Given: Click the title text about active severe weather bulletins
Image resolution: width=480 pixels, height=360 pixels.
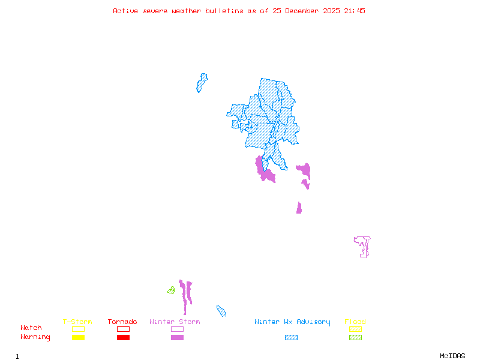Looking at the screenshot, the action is (x=239, y=11).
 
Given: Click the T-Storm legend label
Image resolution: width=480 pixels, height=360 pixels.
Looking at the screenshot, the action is (x=77, y=322).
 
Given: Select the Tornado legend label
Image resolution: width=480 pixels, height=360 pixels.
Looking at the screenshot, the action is (x=122, y=322).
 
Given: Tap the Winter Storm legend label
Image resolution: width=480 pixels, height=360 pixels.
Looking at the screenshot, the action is (x=175, y=322).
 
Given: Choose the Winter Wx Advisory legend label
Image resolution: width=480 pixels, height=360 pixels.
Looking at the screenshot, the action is (x=292, y=322).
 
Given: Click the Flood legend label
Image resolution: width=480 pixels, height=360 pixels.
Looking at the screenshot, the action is (x=355, y=322).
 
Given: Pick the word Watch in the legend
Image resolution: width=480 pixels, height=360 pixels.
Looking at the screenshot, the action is (x=31, y=328).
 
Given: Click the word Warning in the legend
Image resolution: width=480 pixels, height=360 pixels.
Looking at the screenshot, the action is (x=35, y=337).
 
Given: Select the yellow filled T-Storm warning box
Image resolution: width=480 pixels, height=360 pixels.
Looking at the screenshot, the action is (x=78, y=338).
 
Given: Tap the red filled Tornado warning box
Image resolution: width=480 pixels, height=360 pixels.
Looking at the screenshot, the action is (x=123, y=338).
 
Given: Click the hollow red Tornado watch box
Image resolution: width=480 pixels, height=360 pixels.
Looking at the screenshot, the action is (x=123, y=329).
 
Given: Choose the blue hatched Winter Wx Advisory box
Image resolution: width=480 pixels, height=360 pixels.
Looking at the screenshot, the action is (x=291, y=338).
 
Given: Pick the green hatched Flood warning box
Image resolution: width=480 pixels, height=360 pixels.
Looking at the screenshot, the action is (x=355, y=338).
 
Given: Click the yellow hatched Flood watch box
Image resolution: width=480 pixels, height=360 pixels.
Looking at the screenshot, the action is (x=355, y=329).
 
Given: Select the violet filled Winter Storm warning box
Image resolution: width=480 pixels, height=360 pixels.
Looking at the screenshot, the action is (x=177, y=338).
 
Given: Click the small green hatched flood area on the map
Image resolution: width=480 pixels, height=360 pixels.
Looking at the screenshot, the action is (x=171, y=290).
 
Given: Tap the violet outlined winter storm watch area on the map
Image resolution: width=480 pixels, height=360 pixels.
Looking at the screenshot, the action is (x=362, y=245).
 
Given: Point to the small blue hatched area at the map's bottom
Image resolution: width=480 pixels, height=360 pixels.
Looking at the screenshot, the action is (x=221, y=311).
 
